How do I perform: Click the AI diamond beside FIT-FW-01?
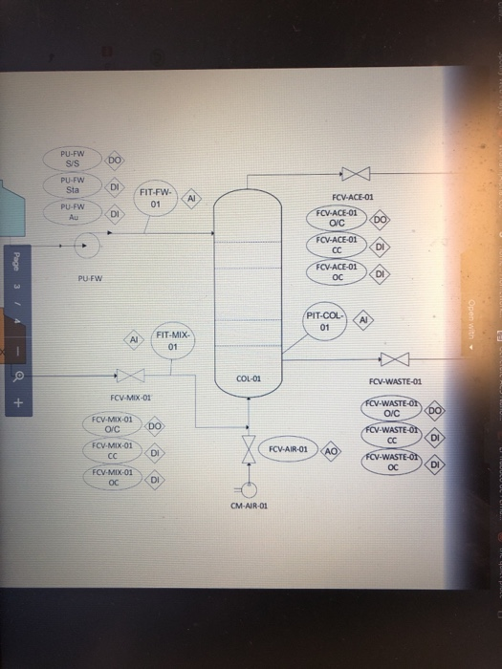coord(192,198)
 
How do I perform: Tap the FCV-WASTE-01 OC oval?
coord(390,464)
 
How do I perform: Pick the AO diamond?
coord(332,449)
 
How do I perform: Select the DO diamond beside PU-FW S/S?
coord(114,158)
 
